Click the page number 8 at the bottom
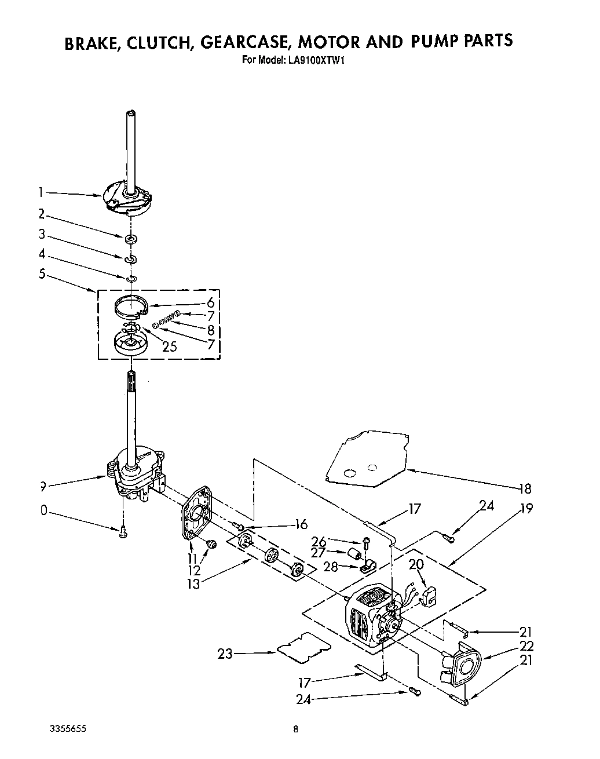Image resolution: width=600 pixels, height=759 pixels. point(295,729)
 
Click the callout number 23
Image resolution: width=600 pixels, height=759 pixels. point(225,654)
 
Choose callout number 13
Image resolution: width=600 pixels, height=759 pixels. point(193,583)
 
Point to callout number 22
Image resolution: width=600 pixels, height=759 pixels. point(526,646)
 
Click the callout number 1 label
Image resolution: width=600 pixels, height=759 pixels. point(41,192)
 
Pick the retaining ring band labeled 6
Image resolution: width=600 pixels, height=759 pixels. point(131,306)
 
